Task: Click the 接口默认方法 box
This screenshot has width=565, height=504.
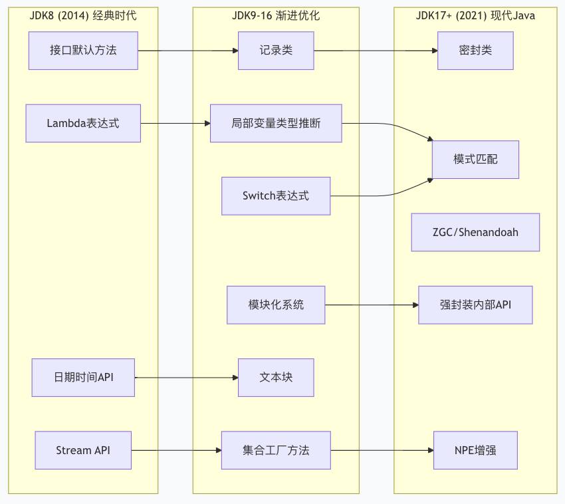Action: pos(83,51)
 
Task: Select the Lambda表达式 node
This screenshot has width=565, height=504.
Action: pos(83,123)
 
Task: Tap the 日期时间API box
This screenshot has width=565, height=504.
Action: pos(83,378)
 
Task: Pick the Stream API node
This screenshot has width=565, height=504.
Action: pos(83,450)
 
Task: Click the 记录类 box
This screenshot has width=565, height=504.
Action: pos(276,51)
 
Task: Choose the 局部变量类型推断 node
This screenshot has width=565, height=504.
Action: pos(276,123)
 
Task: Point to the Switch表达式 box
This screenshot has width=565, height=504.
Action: pos(276,195)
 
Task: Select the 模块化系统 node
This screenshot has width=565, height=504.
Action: pos(276,305)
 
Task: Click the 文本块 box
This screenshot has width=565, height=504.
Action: pos(276,378)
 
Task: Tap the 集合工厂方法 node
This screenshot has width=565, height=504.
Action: pos(276,450)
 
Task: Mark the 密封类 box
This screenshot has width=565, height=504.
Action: pos(475,51)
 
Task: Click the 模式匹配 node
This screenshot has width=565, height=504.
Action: pos(475,160)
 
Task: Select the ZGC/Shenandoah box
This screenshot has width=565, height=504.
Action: pos(475,232)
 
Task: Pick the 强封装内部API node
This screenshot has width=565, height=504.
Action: pos(475,305)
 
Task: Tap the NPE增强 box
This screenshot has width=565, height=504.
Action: pos(475,450)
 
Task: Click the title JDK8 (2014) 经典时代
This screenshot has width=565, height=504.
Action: pos(83,15)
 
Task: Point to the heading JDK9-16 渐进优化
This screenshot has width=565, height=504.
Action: pos(276,15)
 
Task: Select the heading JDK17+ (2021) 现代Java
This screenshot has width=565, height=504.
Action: pos(475,15)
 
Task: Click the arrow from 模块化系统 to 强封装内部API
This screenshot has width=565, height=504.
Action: pos(372,305)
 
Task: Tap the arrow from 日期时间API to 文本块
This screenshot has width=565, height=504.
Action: pos(186,378)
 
